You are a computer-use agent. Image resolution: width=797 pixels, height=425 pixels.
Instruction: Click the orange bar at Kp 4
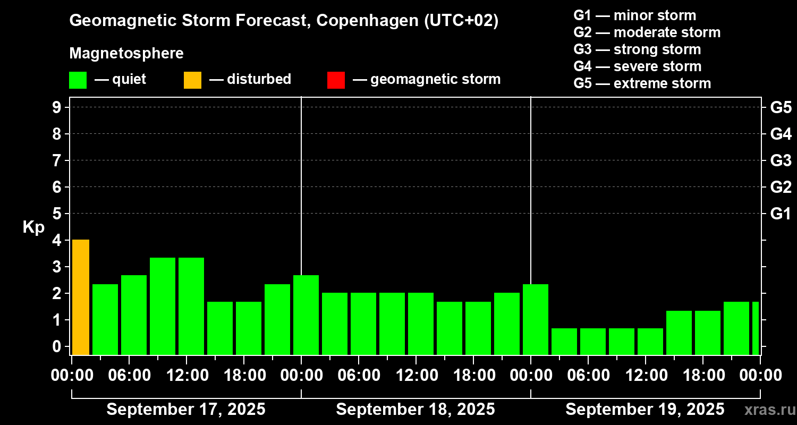[80, 297]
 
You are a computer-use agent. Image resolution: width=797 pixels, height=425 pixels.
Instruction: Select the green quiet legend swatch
[78, 80]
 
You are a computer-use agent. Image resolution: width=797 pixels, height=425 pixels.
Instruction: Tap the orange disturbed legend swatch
[192, 80]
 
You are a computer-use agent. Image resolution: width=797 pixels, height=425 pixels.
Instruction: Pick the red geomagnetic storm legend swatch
[336, 80]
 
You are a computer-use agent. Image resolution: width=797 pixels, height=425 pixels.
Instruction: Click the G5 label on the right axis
[781, 107]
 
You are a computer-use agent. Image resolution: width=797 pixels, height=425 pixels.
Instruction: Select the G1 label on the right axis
[781, 214]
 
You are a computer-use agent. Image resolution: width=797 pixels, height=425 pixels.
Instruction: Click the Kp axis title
[33, 227]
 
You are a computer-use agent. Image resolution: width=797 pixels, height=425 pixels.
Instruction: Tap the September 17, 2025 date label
[186, 409]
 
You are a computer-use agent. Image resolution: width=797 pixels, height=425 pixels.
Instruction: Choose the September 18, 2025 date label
[416, 409]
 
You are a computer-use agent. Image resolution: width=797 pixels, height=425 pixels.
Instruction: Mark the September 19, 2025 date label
[645, 409]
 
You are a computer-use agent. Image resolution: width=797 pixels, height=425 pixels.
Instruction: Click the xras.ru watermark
[766, 410]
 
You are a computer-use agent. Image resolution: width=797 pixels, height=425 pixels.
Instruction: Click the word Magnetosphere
[126, 54]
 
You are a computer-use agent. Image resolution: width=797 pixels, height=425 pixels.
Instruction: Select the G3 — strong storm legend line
[637, 49]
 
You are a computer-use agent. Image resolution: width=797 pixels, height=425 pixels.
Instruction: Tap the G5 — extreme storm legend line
[642, 83]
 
